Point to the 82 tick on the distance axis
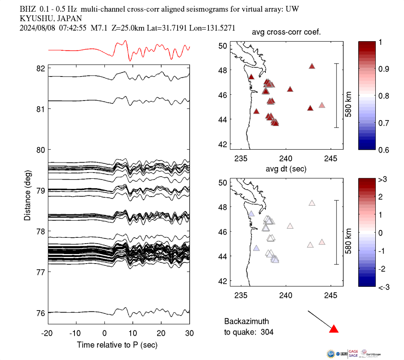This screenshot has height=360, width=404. click(x=41, y=68)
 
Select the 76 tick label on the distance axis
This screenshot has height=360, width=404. click(x=41, y=313)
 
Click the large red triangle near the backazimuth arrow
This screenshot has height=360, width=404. click(x=334, y=329)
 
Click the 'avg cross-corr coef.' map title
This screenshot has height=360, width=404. click(x=285, y=33)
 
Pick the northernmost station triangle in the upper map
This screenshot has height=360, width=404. click(x=312, y=66)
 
